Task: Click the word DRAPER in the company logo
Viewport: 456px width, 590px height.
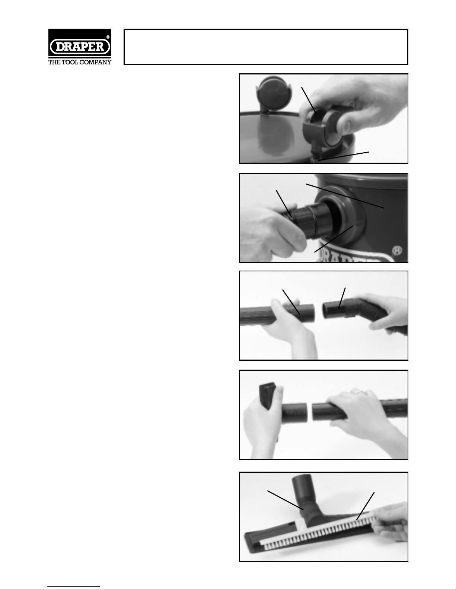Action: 80,47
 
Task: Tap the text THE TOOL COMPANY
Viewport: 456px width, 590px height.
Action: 80,62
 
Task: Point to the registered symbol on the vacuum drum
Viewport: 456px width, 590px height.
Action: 397,251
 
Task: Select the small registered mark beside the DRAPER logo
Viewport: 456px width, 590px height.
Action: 108,37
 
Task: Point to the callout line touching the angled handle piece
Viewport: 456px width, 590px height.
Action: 342,298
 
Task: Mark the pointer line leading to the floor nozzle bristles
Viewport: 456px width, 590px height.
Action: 365,506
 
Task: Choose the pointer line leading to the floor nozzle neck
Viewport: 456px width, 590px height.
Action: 285,500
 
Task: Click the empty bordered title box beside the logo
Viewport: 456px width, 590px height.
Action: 266,47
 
